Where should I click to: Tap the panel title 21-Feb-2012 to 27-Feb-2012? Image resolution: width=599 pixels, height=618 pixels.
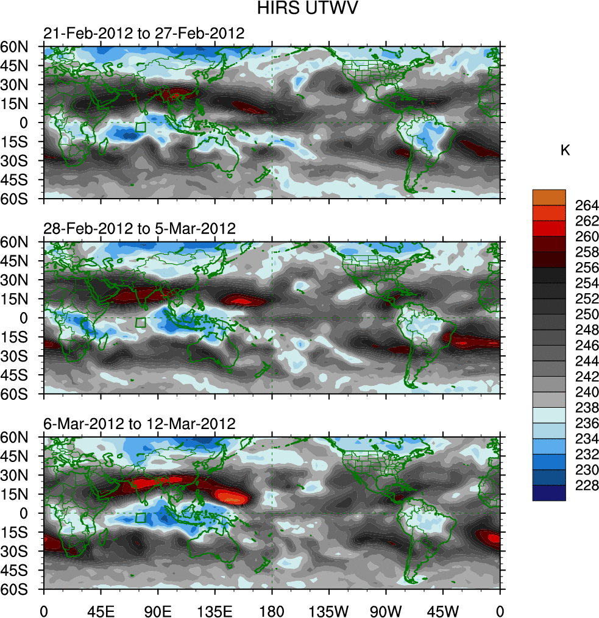click(143, 33)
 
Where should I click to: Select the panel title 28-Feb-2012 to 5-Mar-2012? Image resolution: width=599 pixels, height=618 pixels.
click(140, 229)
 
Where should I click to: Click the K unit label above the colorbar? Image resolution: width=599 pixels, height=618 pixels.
click(565, 151)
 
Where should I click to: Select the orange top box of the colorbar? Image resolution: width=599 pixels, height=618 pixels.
click(549, 197)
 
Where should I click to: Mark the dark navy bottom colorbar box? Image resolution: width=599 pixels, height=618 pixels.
click(549, 493)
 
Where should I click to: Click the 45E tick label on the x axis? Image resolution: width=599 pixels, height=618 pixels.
click(101, 609)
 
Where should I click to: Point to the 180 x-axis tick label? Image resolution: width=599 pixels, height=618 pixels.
click(272, 609)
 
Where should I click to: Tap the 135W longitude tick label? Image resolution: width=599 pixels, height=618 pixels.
click(328, 609)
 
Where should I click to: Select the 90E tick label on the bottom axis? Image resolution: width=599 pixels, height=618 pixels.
click(158, 609)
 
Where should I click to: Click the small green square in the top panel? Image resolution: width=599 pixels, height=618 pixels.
click(140, 127)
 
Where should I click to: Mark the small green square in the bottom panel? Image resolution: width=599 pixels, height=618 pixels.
click(140, 518)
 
